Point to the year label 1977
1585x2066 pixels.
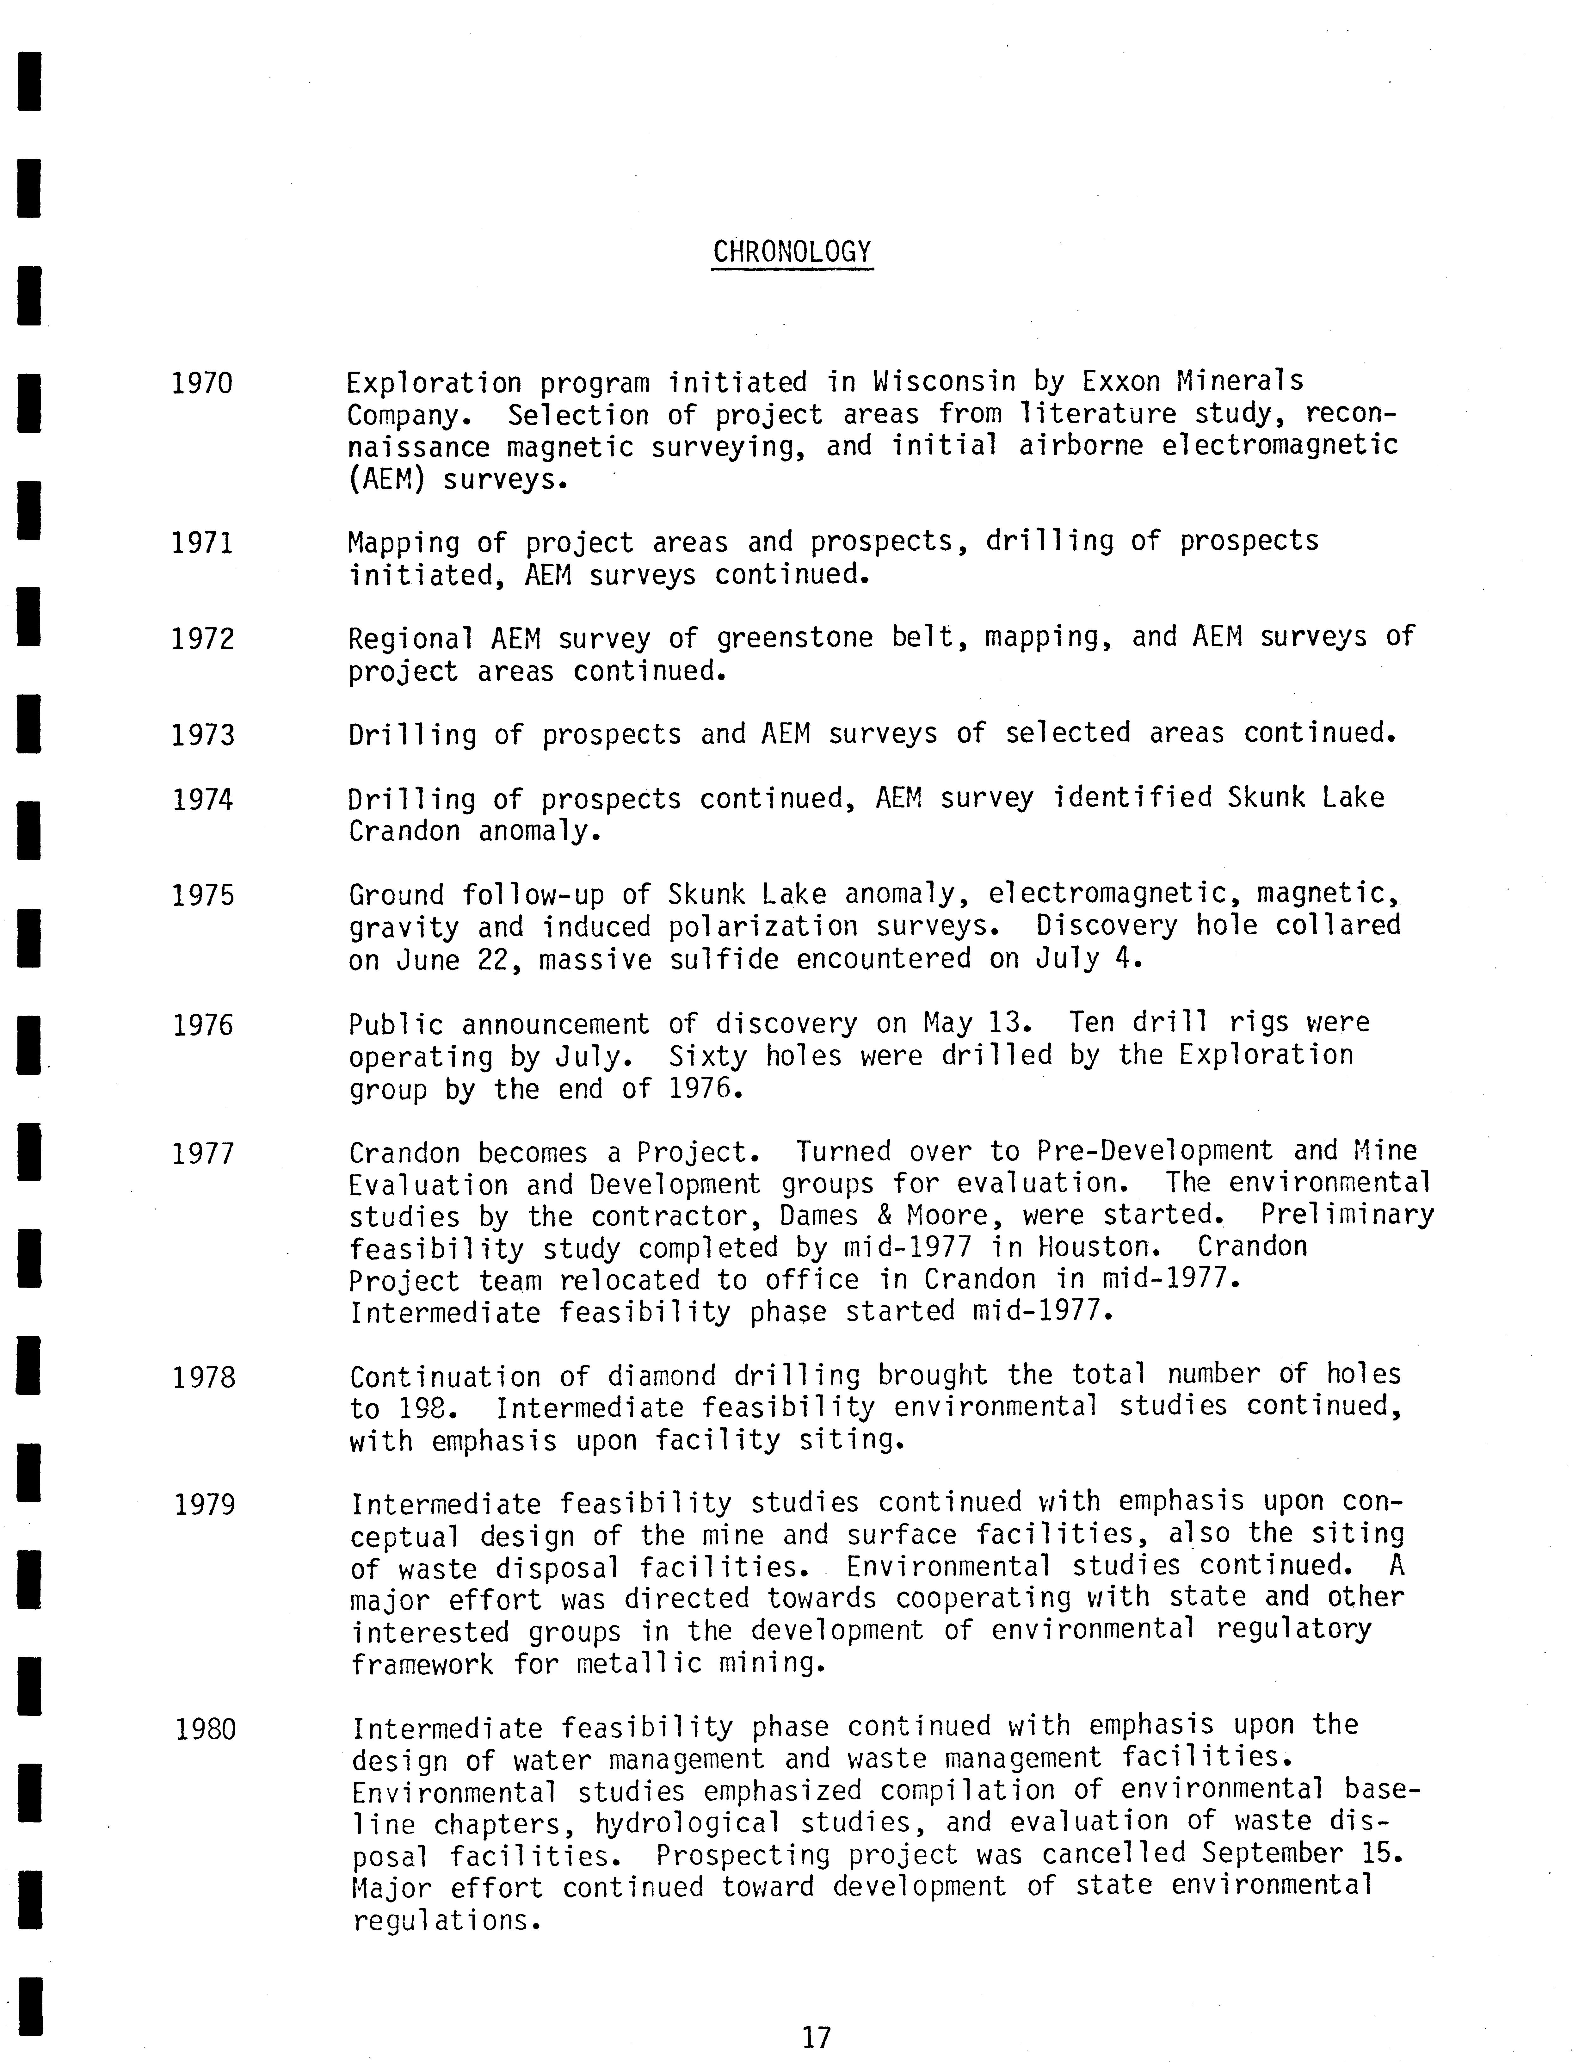(202, 1154)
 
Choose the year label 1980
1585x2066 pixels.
(205, 1729)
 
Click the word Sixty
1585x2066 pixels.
(708, 1056)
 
